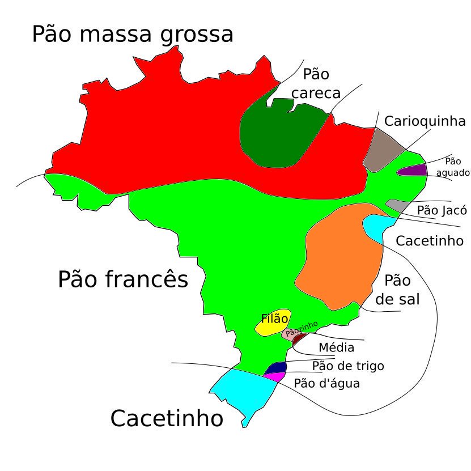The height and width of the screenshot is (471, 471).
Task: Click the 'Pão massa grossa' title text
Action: point(132,35)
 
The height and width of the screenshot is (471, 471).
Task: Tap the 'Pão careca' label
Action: point(316,84)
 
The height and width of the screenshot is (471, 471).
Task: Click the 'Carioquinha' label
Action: point(425,121)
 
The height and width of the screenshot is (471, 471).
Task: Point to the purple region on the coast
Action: point(414,169)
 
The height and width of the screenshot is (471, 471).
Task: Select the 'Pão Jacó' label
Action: point(442,210)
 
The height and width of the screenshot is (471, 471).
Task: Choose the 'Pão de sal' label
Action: point(397,290)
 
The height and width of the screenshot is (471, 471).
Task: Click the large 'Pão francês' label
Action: point(123,279)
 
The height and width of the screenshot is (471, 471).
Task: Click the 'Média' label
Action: point(336,347)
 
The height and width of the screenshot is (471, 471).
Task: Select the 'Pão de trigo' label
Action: point(348,366)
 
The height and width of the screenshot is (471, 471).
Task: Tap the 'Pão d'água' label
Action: point(326,384)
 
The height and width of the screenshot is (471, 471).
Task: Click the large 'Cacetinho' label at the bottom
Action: point(166,419)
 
